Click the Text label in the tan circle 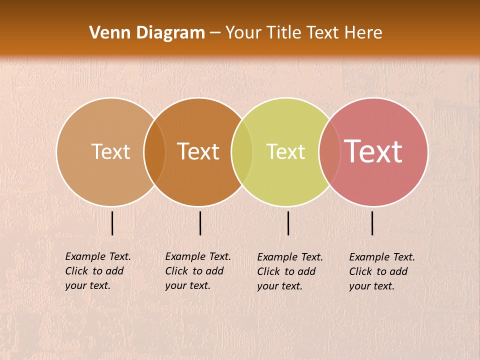click(x=110, y=151)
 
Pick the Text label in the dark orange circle click(x=198, y=151)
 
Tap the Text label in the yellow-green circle click(x=285, y=151)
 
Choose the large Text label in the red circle click(x=373, y=151)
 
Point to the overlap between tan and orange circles click(x=154, y=152)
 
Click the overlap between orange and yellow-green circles click(x=242, y=152)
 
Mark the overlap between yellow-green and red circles click(x=329, y=152)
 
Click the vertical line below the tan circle click(x=112, y=223)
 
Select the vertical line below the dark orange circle click(x=200, y=223)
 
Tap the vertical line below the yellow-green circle click(x=288, y=223)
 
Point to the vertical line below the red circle click(x=372, y=223)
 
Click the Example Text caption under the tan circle click(x=97, y=271)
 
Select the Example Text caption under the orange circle click(x=197, y=271)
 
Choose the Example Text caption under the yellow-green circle click(x=289, y=271)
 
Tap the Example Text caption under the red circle click(x=381, y=271)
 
